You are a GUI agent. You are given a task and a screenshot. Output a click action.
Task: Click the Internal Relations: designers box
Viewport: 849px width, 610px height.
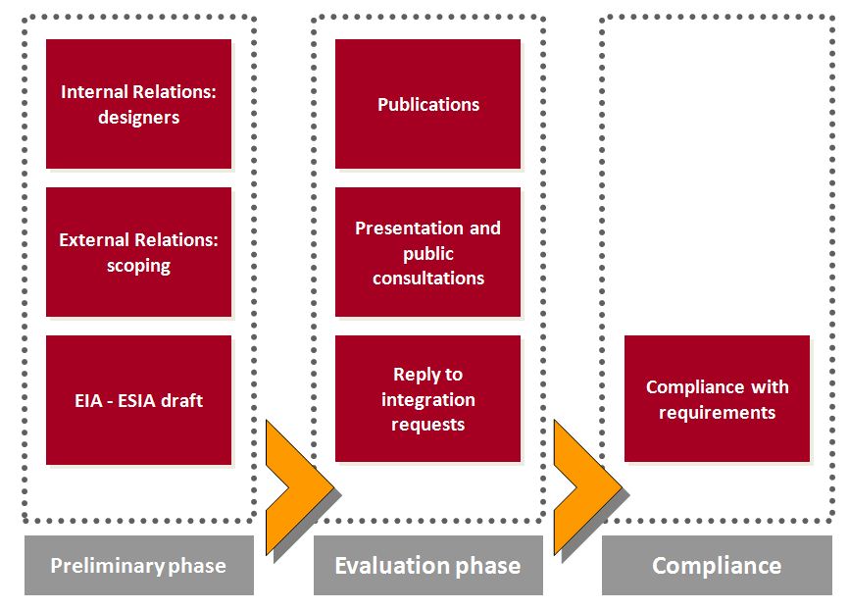point(138,104)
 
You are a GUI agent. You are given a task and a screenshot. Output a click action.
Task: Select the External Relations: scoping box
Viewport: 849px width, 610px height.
point(138,252)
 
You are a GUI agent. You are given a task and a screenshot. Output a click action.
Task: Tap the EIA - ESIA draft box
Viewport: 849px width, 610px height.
point(138,400)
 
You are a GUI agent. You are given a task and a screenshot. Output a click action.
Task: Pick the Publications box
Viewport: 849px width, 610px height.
point(427,104)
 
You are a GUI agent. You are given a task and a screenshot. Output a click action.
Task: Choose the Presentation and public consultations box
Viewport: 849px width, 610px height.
point(427,252)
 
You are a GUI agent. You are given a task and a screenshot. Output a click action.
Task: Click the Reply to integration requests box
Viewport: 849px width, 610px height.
point(427,399)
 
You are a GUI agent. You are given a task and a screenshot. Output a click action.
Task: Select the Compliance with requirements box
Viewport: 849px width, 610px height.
point(717,399)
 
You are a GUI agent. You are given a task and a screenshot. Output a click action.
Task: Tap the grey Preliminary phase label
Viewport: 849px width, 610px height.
point(138,565)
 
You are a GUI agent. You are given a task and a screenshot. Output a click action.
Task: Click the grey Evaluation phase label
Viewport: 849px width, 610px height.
point(428,565)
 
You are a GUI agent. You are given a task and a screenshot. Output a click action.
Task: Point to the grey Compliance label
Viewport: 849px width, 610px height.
point(717,565)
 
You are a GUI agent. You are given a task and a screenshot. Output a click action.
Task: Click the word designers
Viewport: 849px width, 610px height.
point(138,118)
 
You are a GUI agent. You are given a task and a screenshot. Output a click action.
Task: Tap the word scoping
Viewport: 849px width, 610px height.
point(138,266)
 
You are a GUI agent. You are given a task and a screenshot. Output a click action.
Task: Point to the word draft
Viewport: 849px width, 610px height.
point(182,400)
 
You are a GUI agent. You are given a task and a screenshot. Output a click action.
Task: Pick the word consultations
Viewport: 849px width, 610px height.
point(428,278)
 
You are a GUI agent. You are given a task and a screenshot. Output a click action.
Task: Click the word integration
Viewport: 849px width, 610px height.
point(428,400)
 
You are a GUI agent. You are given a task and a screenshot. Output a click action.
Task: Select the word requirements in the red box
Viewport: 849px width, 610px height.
point(717,413)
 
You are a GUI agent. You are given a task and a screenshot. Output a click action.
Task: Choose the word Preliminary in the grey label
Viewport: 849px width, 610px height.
point(107,566)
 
